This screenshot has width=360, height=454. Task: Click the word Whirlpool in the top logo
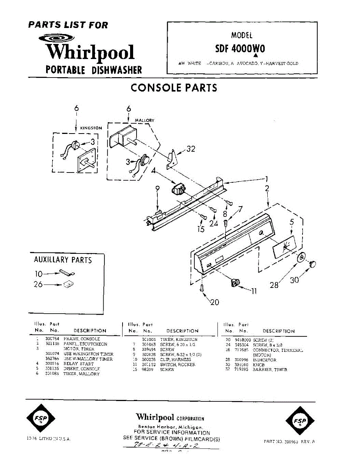point(90,53)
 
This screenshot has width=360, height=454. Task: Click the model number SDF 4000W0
point(240,49)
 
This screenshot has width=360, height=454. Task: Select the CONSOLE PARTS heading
point(174,88)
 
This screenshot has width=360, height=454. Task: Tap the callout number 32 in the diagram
point(191,149)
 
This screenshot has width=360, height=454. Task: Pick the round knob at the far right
point(312,264)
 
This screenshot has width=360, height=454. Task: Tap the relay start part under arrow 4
point(179,189)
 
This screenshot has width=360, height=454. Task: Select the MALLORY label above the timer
point(144,120)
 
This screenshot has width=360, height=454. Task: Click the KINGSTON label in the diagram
point(91,128)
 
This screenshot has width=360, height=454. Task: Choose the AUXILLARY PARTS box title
point(63,260)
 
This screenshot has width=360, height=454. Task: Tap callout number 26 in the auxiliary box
point(38,285)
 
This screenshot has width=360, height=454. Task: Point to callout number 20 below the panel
point(214,302)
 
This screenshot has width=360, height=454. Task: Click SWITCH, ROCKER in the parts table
point(177,365)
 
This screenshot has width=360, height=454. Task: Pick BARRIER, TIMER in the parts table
point(270,370)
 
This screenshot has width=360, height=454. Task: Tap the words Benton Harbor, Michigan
point(170,427)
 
